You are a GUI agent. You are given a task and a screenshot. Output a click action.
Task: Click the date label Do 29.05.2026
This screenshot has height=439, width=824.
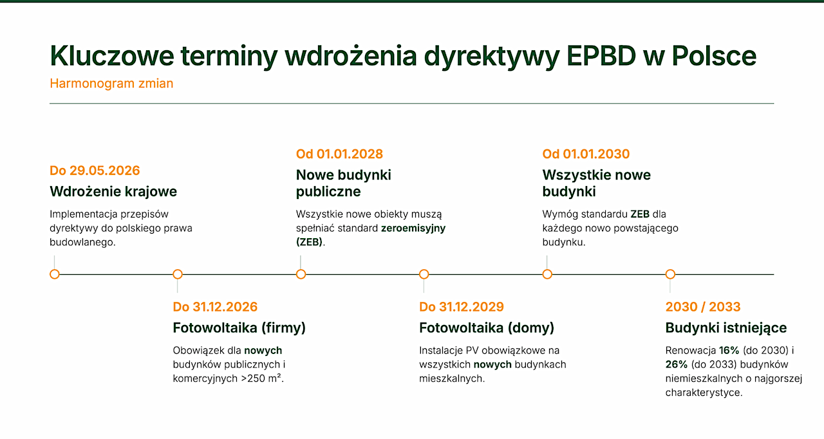pyautogui.click(x=95, y=171)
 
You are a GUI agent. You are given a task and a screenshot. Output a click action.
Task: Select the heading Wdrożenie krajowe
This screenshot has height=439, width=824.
pyautogui.click(x=113, y=192)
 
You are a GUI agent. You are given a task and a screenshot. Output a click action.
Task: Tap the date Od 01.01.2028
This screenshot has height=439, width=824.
pyautogui.click(x=339, y=154)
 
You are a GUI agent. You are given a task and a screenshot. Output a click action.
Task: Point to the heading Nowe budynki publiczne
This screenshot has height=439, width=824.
pyautogui.click(x=344, y=183)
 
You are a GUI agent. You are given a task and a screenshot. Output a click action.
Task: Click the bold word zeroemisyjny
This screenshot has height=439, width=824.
pyautogui.click(x=413, y=229)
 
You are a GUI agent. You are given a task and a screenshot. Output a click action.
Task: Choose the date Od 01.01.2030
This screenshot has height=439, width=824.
pyautogui.click(x=586, y=154)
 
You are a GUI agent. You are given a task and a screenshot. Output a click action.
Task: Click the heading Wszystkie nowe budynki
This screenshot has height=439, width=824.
pyautogui.click(x=596, y=183)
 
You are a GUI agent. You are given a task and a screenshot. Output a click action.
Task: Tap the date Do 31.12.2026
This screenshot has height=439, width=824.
pyautogui.click(x=215, y=307)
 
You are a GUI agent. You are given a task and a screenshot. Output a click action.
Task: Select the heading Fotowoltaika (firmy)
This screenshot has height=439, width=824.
pyautogui.click(x=239, y=328)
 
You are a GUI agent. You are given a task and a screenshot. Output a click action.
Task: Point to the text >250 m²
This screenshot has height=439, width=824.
pyautogui.click(x=262, y=378)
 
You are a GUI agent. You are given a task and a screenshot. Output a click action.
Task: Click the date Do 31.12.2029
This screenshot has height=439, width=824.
pyautogui.click(x=462, y=307)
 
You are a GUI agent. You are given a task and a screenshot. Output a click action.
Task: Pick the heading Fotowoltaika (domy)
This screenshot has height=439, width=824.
pyautogui.click(x=486, y=328)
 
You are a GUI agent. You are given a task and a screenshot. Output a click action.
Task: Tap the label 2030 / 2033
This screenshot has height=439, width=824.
pyautogui.click(x=702, y=307)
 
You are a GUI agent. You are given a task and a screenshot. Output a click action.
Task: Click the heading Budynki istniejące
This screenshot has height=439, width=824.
pyautogui.click(x=726, y=328)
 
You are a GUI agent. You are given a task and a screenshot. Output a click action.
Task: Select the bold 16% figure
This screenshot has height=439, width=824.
pyautogui.click(x=729, y=350)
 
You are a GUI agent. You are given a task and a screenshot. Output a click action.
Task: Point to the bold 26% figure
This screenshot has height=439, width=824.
pyautogui.click(x=676, y=364)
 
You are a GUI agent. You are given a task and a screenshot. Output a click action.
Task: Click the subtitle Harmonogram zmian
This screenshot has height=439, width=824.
pyautogui.click(x=111, y=84)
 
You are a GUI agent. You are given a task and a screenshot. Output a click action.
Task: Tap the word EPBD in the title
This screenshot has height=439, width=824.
pyautogui.click(x=601, y=56)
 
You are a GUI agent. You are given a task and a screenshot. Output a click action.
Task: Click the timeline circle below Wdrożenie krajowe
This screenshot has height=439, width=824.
pyautogui.click(x=55, y=274)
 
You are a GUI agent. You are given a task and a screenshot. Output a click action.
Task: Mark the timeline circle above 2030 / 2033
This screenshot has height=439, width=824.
pyautogui.click(x=670, y=274)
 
